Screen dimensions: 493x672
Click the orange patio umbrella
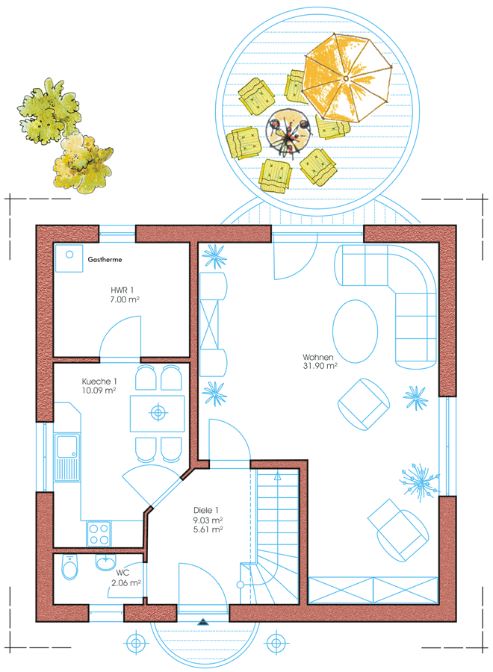347,78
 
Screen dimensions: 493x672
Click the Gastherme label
105,259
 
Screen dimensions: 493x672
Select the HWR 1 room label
123,290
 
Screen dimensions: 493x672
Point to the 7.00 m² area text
124,299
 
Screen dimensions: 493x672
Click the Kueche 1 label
99,381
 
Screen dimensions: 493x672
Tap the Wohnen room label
317,357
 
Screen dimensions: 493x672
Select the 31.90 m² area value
320,366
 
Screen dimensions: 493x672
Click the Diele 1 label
205,511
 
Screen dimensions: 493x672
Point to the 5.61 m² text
208,529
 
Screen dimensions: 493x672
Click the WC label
123,573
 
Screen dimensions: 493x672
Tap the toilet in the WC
69,567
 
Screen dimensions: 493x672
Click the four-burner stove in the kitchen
99,534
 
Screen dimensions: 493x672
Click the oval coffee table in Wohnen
355,331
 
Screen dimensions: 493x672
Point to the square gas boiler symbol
69,258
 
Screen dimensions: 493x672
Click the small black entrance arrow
202,622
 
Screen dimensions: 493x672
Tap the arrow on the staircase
277,476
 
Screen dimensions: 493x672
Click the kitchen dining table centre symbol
158,413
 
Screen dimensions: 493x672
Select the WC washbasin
105,561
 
